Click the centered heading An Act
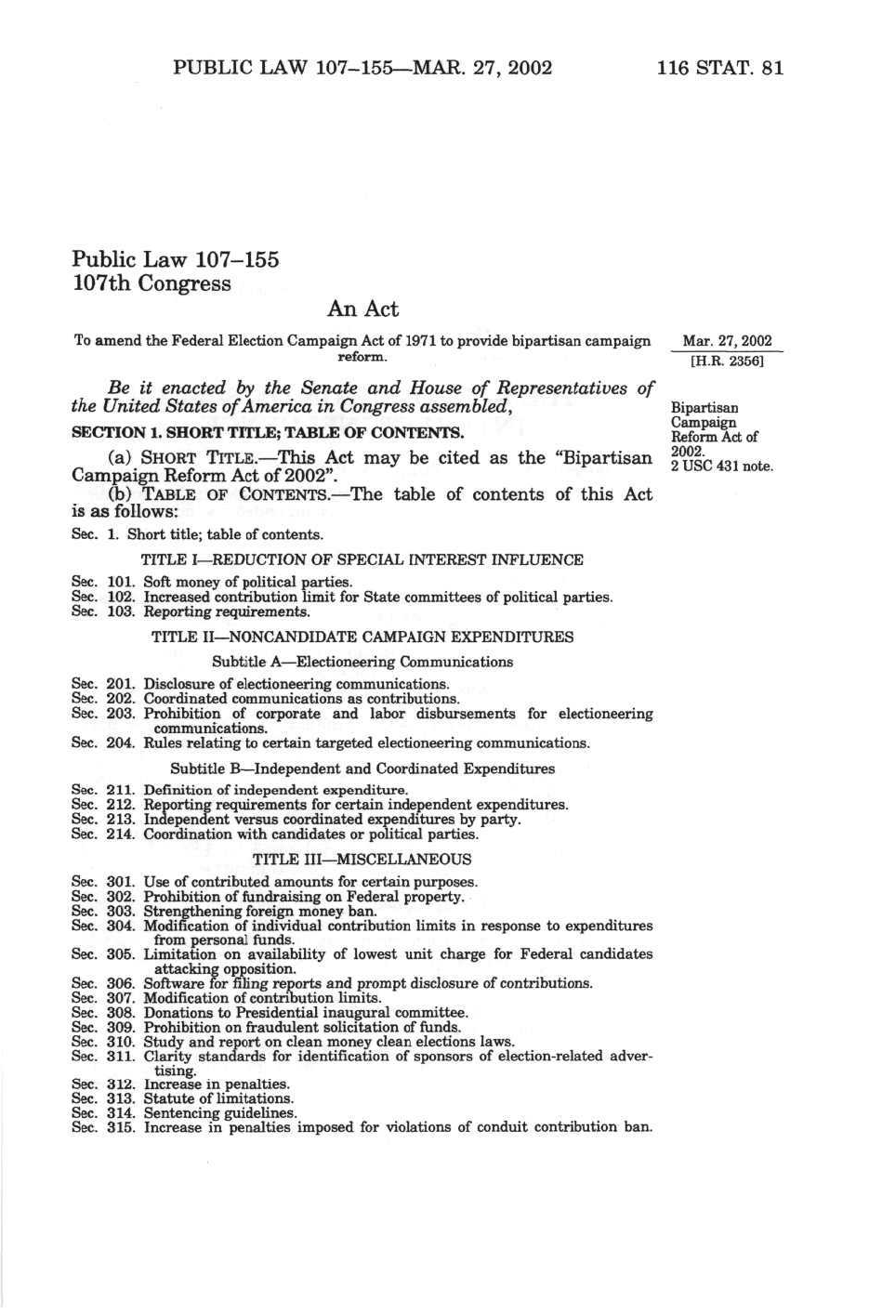(x=362, y=309)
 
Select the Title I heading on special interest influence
(x=362, y=559)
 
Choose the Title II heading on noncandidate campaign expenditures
(x=362, y=637)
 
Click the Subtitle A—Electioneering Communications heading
(x=362, y=662)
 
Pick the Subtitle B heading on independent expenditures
(x=362, y=769)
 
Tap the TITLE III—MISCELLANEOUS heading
(x=362, y=859)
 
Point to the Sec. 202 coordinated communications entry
(x=266, y=698)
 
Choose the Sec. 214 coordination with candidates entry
(x=275, y=834)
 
